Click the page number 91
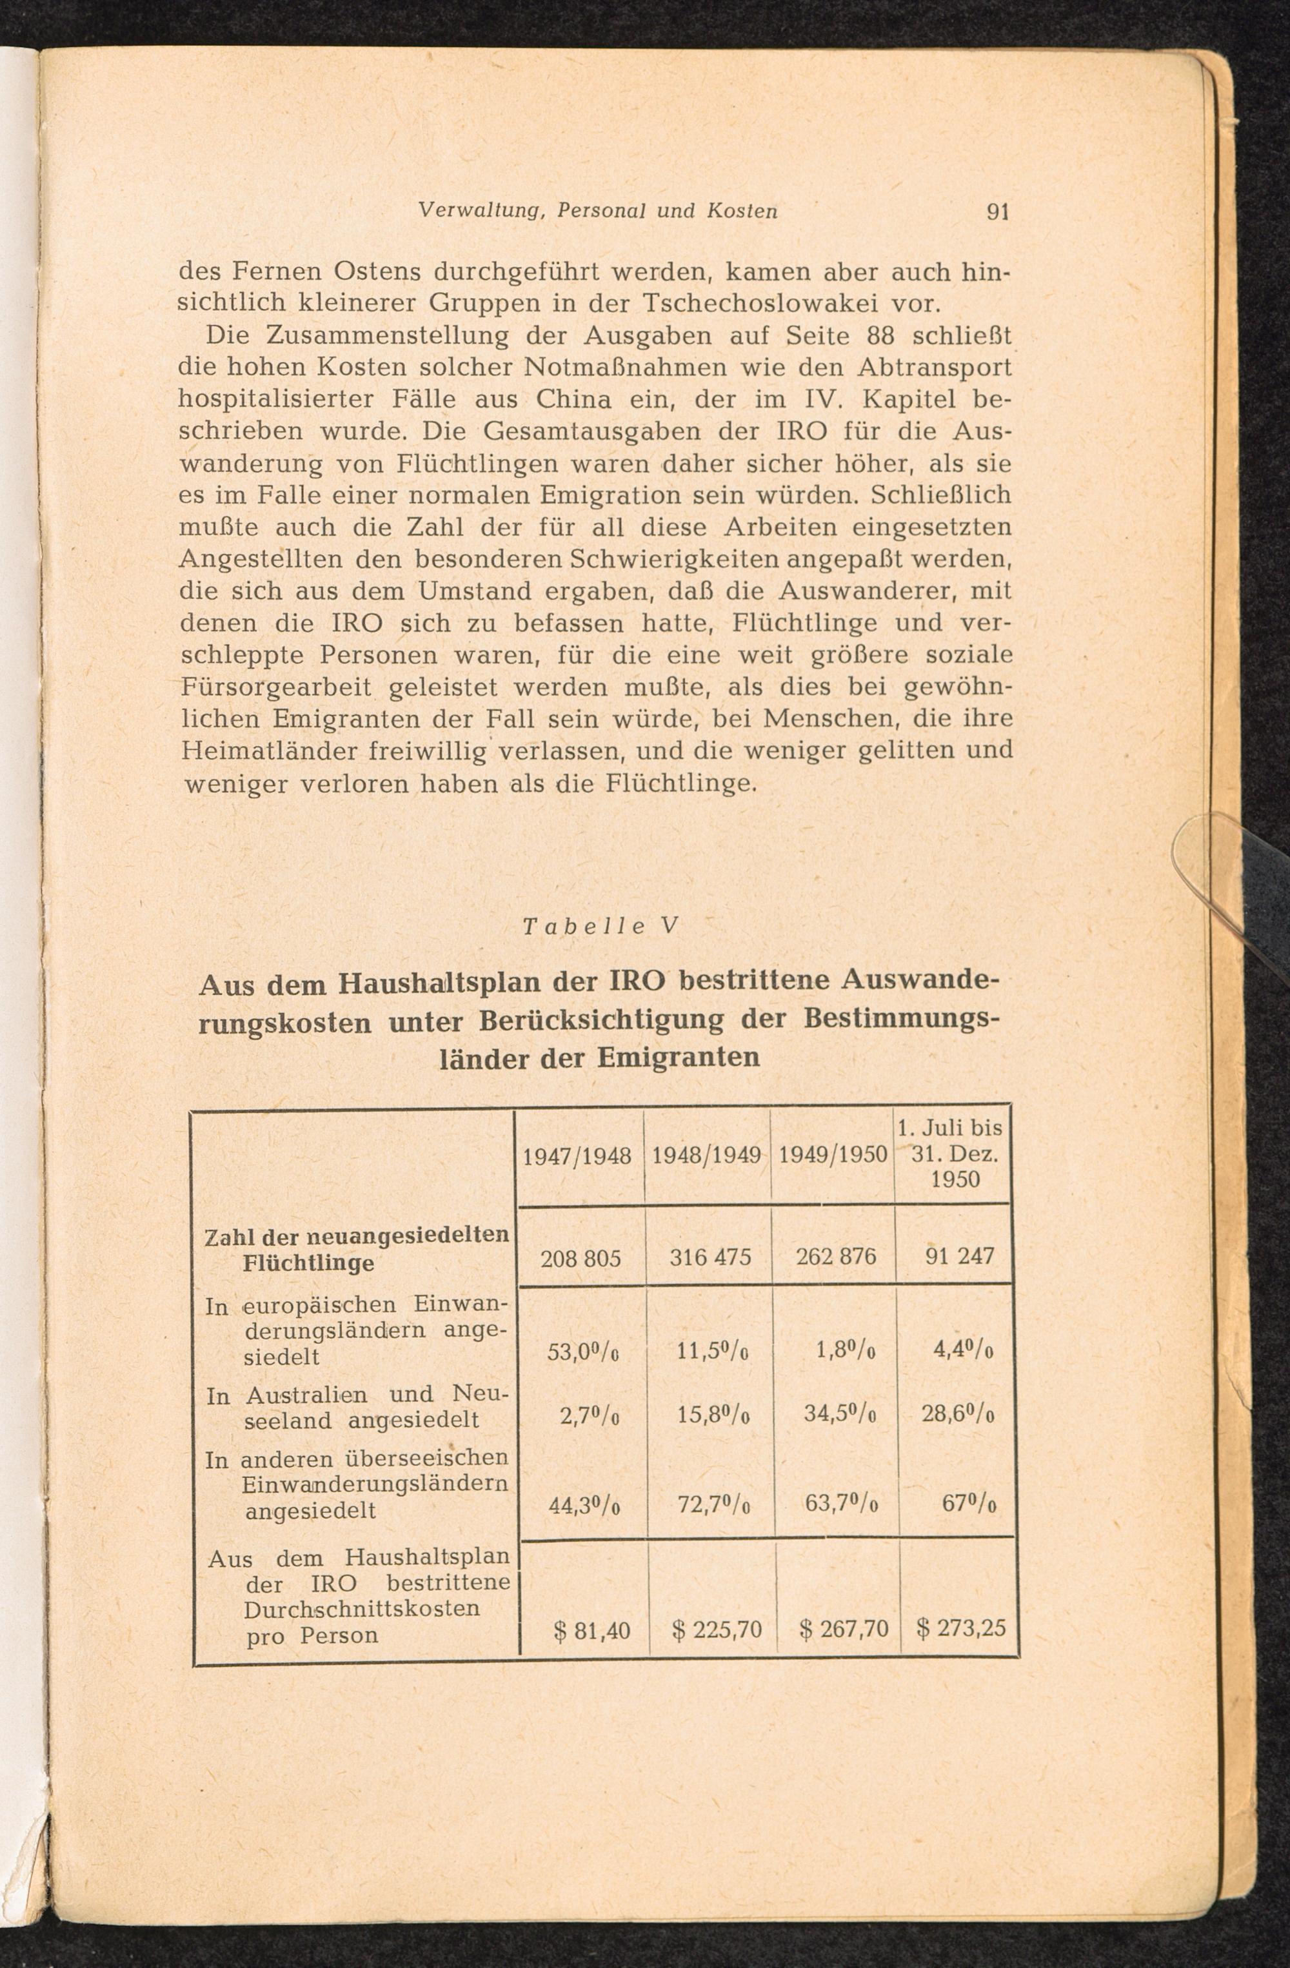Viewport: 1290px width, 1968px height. [x=998, y=213]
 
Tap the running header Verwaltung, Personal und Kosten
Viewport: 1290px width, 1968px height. [x=598, y=211]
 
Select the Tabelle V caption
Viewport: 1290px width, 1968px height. [x=600, y=926]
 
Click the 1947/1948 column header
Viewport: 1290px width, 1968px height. [x=577, y=1155]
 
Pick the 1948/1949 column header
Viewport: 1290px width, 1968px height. [x=706, y=1154]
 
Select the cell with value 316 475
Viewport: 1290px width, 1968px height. [x=709, y=1257]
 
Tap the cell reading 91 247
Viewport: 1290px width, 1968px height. [x=959, y=1256]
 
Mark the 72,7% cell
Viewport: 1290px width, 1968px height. [x=713, y=1505]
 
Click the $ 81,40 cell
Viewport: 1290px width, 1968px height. [x=592, y=1631]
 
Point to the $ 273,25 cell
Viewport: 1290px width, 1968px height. [x=961, y=1628]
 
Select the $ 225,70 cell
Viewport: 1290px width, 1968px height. [x=716, y=1630]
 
